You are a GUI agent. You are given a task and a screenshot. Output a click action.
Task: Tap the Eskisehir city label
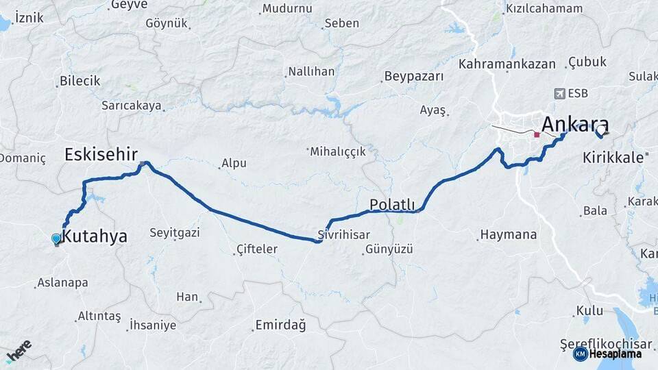[101, 154]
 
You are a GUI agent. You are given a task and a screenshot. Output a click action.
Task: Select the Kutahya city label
[95, 237]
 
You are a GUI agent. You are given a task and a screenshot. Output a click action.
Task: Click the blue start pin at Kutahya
[56, 238]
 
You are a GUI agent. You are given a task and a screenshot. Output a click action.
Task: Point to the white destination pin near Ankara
[602, 129]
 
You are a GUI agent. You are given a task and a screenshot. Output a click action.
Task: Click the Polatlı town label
[392, 204]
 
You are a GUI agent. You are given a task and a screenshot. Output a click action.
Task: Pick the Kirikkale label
[613, 157]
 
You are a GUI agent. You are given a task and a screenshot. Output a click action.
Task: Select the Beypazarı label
[414, 76]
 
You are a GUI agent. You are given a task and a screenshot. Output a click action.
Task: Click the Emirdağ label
[280, 324]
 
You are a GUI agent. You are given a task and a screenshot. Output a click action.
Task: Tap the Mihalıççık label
[338, 151]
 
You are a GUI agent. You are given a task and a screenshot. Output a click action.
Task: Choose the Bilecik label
[80, 81]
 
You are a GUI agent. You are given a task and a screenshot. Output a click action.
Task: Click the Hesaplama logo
[607, 354]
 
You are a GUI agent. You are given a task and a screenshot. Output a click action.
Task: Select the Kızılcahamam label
[544, 9]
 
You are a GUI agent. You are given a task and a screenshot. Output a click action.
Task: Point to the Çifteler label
[256, 249]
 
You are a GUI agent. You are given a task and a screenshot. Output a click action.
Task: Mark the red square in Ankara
[537, 135]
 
